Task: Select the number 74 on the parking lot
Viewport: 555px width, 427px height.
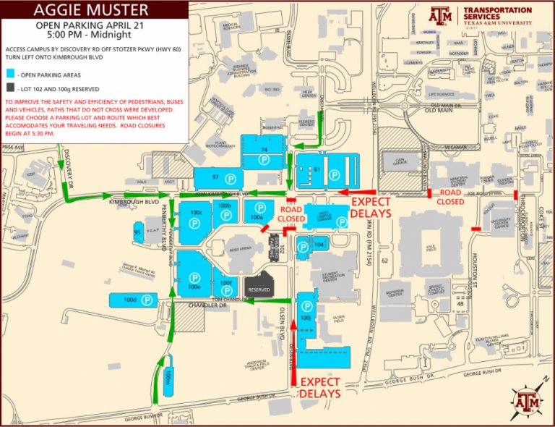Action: (264, 150)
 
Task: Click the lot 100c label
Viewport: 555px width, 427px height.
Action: (194, 213)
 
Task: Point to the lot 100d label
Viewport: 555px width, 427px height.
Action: (130, 299)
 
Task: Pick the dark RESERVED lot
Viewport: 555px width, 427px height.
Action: (259, 289)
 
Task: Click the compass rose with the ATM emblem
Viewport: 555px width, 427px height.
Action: (526, 399)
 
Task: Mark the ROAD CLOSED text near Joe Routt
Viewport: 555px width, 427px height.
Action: (450, 198)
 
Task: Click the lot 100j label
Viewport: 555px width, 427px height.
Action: (306, 317)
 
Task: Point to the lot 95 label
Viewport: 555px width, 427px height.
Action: (137, 232)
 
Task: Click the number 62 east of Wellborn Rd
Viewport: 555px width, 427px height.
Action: (384, 259)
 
